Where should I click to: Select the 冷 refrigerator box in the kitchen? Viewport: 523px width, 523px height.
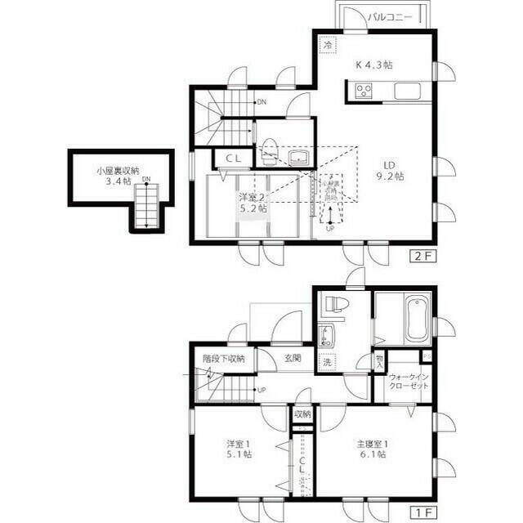(326, 47)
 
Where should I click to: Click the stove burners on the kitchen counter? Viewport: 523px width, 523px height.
(362, 91)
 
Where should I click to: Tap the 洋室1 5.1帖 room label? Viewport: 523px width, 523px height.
(239, 449)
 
